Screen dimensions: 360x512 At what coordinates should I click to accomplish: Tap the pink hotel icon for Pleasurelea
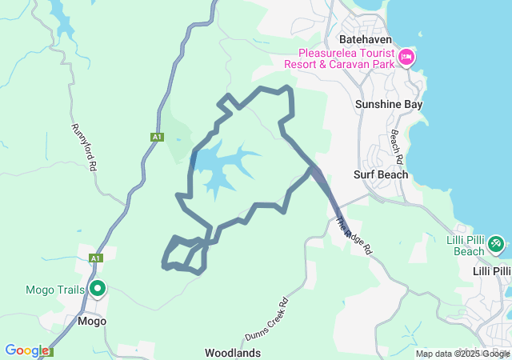406,57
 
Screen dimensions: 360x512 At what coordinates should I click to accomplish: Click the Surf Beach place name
381,174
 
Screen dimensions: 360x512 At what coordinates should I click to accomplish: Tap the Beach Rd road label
394,143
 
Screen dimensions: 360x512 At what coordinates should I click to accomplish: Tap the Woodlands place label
233,352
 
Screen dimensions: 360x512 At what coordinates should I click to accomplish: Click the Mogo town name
92,321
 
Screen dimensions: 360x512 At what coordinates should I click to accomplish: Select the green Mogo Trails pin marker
98,288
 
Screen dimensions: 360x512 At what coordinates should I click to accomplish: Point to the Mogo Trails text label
55,290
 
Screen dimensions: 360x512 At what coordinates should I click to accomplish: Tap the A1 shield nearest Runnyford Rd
157,138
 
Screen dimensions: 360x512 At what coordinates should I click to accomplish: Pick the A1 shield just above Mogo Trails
96,258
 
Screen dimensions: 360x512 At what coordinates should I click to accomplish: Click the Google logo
26,350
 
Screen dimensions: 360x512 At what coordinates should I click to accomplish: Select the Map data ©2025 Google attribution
462,354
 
